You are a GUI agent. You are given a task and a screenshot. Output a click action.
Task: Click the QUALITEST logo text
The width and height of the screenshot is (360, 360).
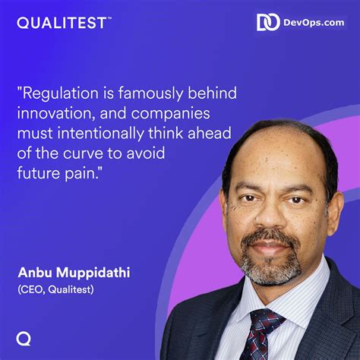[62, 23]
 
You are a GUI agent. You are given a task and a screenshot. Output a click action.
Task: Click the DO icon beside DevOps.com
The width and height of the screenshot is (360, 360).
[268, 23]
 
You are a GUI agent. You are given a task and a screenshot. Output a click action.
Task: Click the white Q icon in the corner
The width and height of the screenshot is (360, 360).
[24, 338]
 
